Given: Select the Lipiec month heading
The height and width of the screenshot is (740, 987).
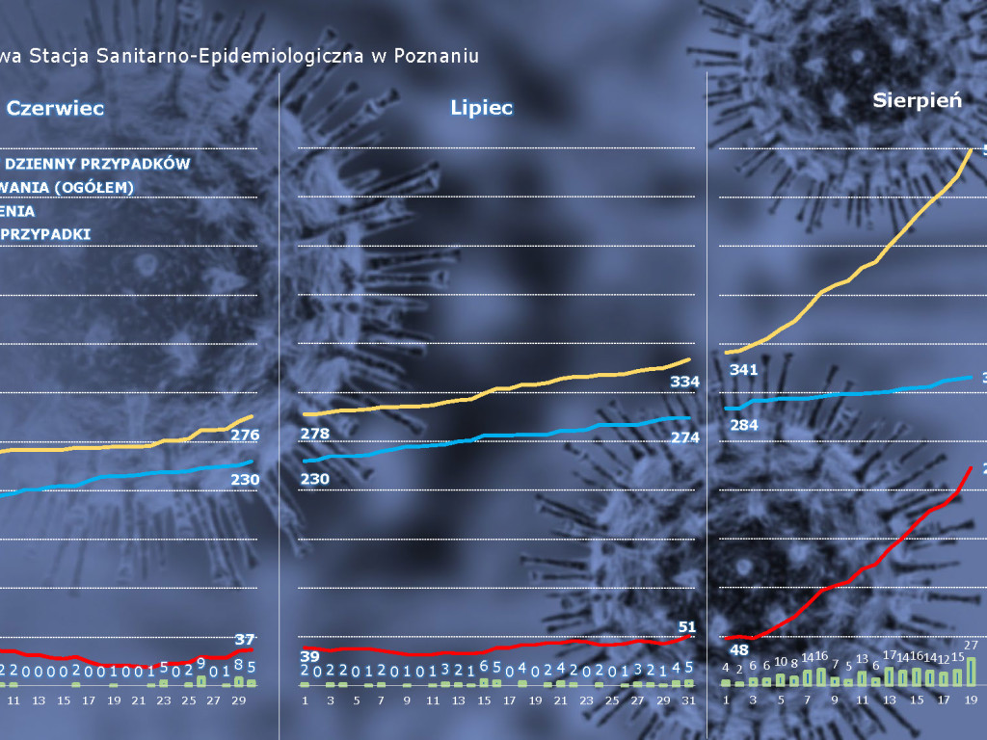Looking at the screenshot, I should (x=481, y=108).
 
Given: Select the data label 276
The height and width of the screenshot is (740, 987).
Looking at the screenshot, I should (x=245, y=436).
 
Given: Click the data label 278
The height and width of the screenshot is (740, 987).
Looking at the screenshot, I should (x=315, y=435).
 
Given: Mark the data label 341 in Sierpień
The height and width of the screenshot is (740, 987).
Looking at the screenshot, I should (x=744, y=370).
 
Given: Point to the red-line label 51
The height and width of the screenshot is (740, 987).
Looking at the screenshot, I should (x=686, y=628).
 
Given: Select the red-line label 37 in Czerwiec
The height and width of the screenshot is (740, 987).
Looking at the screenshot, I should (x=245, y=639).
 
